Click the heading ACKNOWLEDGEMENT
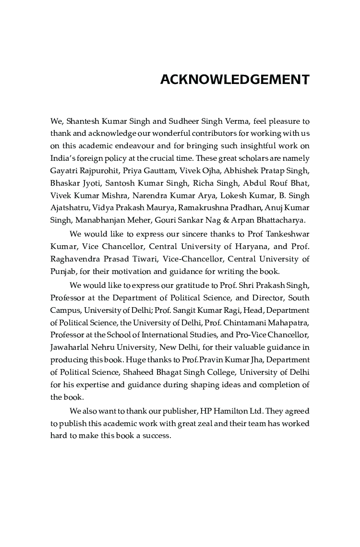pos(235,80)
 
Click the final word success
pos(156,436)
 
